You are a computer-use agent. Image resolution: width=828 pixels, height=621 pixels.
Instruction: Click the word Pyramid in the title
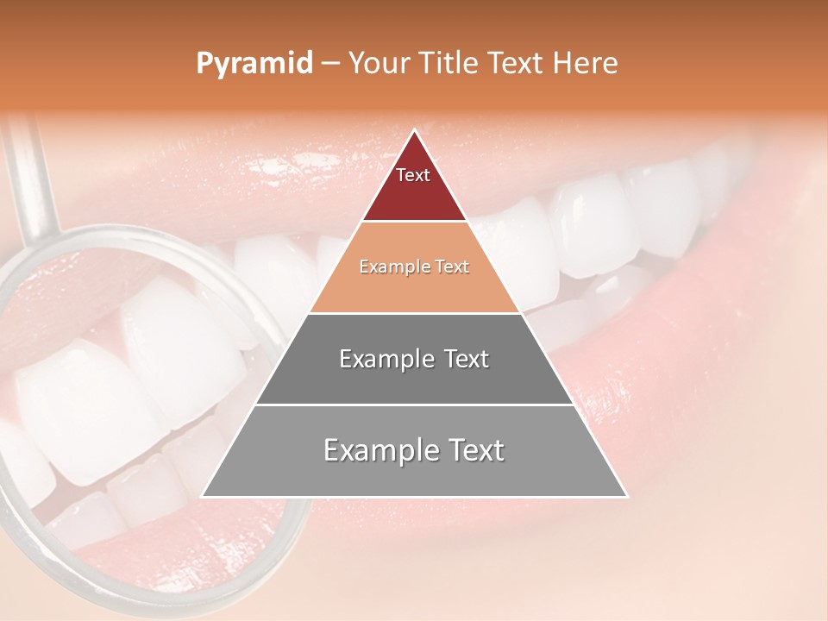[254, 64]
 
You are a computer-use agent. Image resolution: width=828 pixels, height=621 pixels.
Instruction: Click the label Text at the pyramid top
[413, 175]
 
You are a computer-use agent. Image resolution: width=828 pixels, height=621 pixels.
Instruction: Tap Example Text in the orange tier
[414, 267]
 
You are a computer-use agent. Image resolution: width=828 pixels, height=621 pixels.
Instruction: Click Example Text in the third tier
[414, 359]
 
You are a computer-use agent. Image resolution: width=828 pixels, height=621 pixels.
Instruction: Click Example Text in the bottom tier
[414, 450]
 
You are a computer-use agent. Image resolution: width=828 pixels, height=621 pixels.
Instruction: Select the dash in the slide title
[330, 64]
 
